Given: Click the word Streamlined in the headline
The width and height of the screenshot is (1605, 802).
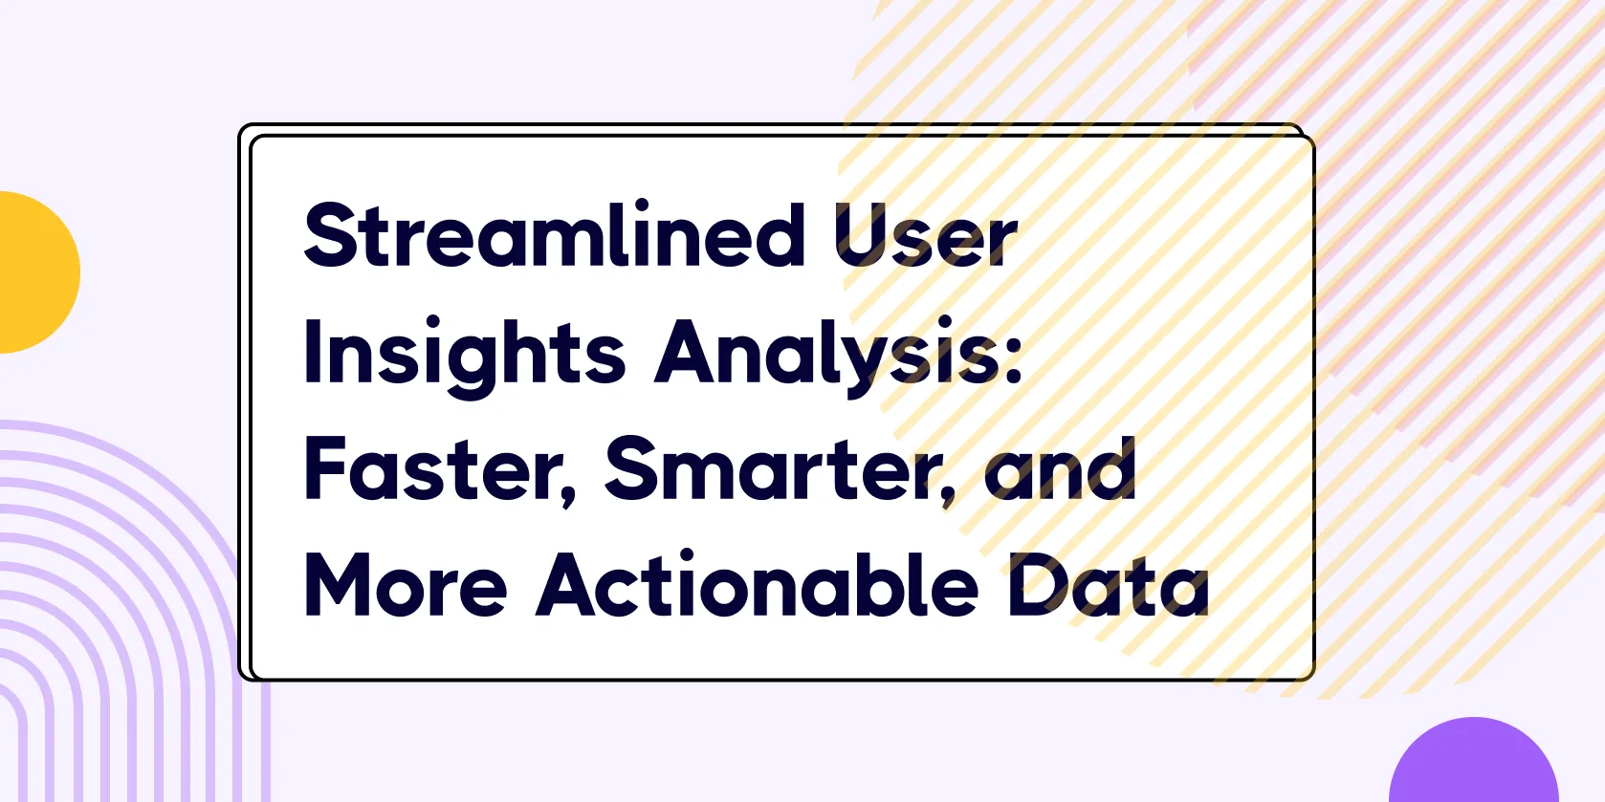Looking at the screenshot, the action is [x=554, y=234].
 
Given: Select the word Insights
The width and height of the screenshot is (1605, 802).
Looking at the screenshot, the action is [x=465, y=357].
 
